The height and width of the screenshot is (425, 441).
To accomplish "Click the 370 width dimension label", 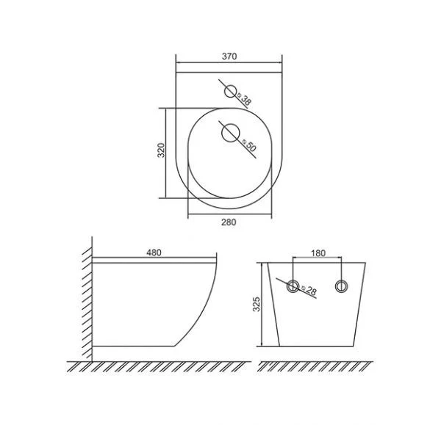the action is click(229, 57).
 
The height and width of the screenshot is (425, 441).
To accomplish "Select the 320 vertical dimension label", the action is click(161, 150).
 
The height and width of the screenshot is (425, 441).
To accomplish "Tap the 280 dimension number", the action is click(229, 222).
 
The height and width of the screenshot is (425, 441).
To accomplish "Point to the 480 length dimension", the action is click(154, 253).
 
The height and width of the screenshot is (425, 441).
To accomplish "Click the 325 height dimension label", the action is click(257, 304).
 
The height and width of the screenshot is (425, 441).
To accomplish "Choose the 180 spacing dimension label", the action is click(318, 253).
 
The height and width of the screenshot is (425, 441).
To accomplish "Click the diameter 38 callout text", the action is click(244, 99).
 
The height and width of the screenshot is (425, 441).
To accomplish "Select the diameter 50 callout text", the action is click(249, 145).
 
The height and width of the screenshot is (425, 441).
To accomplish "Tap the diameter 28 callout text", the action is click(309, 290).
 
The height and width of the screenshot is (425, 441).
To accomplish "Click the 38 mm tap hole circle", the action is click(230, 92).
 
